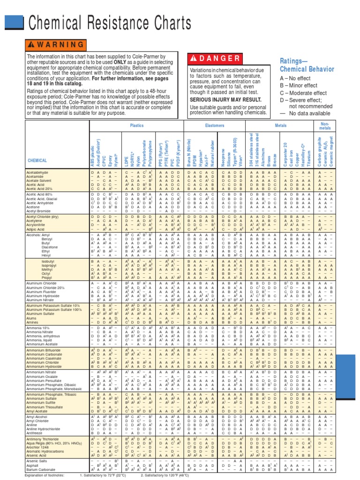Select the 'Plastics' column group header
click(136, 126)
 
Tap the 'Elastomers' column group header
click(215, 126)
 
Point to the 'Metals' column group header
click(280, 126)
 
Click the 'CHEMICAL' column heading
click(37, 160)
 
